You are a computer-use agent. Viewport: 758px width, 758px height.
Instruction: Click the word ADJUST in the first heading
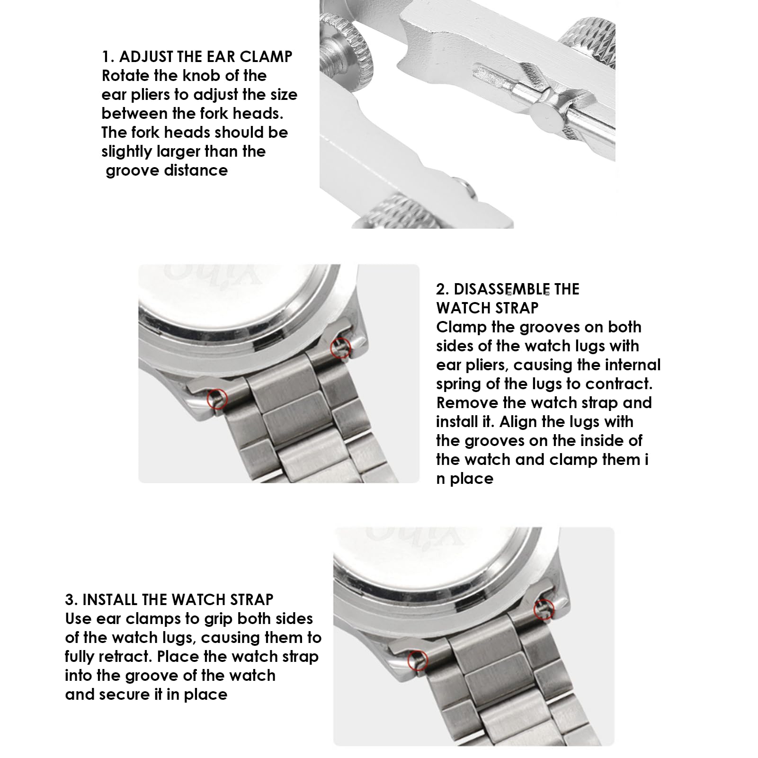point(146,57)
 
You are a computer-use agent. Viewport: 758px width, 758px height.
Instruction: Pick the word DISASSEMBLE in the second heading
point(499,289)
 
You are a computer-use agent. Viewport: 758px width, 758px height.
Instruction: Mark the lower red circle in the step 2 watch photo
point(217,399)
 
